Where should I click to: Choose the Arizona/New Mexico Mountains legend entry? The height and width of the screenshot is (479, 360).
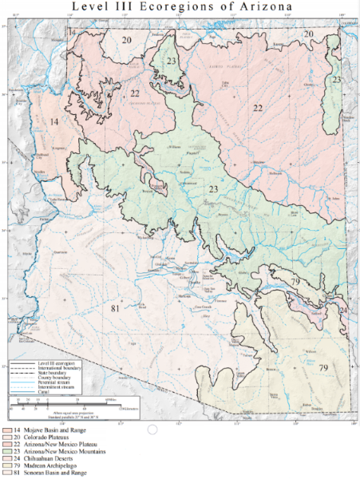coord(49,451)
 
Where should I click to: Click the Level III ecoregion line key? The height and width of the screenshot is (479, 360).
coord(48,363)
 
